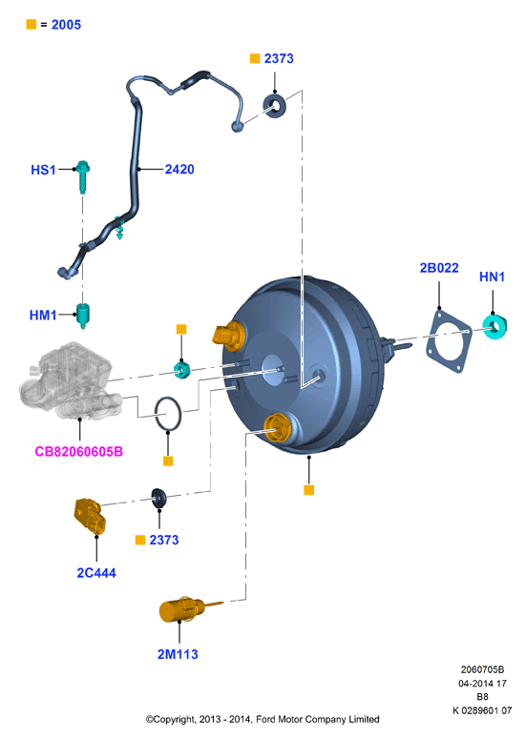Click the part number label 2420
click(179, 170)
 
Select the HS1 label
click(43, 170)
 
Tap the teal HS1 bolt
click(83, 177)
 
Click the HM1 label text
click(43, 315)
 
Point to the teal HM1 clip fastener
click(82, 316)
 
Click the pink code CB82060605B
click(78, 452)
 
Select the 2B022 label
click(439, 268)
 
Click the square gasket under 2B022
click(449, 340)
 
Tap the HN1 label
click(492, 277)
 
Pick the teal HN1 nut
click(494, 327)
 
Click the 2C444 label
click(96, 573)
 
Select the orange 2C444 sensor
click(90, 516)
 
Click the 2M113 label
click(178, 654)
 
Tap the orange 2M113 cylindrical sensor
click(181, 610)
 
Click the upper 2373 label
click(279, 58)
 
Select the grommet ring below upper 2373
click(274, 106)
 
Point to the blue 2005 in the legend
click(66, 25)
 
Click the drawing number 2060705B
click(482, 669)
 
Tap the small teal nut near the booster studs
click(182, 370)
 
